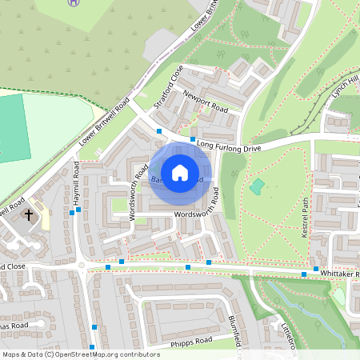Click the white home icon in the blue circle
click(180, 172)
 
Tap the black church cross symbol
click(30, 214)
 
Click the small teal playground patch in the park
click(257, 186)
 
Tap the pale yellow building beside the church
click(43, 215)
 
